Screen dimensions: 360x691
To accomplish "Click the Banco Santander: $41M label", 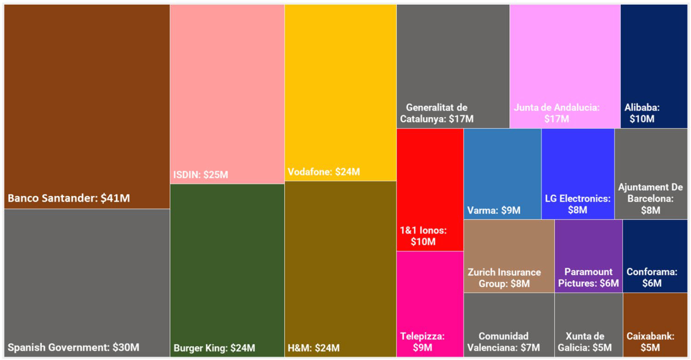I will (x=69, y=199).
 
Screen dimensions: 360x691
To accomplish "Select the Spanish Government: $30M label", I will (x=74, y=348).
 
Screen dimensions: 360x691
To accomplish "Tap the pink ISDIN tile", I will (x=227, y=93).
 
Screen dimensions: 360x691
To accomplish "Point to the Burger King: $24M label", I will (x=214, y=348).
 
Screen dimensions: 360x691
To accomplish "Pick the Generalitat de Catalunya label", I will (x=437, y=113).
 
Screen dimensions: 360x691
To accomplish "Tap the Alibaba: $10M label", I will (x=642, y=113).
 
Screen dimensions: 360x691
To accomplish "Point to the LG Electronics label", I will (x=578, y=205).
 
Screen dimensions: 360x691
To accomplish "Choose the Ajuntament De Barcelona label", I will (x=650, y=199).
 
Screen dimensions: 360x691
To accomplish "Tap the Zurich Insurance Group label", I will (x=504, y=278).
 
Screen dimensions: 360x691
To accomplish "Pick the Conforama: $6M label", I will (x=652, y=278).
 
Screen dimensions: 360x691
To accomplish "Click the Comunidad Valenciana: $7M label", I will (x=504, y=342).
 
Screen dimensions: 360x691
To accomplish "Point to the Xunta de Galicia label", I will (x=588, y=342).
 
